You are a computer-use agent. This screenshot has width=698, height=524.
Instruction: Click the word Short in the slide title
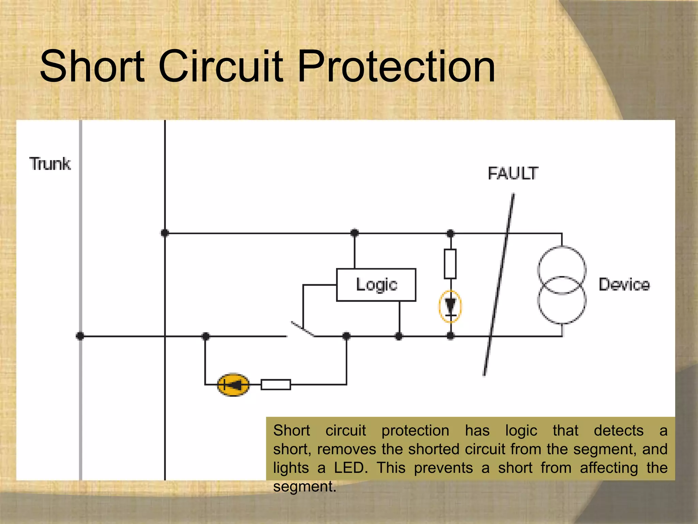(92, 67)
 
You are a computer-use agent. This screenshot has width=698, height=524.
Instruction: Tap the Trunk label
(50, 164)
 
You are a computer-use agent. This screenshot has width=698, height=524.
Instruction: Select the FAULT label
(513, 173)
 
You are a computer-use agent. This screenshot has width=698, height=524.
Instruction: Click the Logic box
(376, 285)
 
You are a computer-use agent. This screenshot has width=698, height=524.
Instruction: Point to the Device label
(624, 285)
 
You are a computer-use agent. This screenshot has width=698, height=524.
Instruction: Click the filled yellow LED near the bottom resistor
(233, 385)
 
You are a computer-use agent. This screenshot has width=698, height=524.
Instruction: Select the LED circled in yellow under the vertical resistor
(450, 306)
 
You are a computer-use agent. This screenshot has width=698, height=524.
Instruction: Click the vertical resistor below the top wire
(450, 264)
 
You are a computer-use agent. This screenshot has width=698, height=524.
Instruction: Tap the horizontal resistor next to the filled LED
(276, 384)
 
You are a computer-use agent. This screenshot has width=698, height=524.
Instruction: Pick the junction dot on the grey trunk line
(80, 336)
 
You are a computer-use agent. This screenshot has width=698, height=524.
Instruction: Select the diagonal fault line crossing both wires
(499, 285)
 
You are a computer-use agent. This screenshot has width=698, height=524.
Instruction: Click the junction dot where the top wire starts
(165, 233)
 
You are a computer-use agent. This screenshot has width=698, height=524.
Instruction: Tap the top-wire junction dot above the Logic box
(354, 233)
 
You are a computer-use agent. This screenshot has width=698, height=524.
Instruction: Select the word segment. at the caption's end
(304, 486)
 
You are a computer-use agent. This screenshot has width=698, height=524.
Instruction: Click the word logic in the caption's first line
(521, 431)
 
